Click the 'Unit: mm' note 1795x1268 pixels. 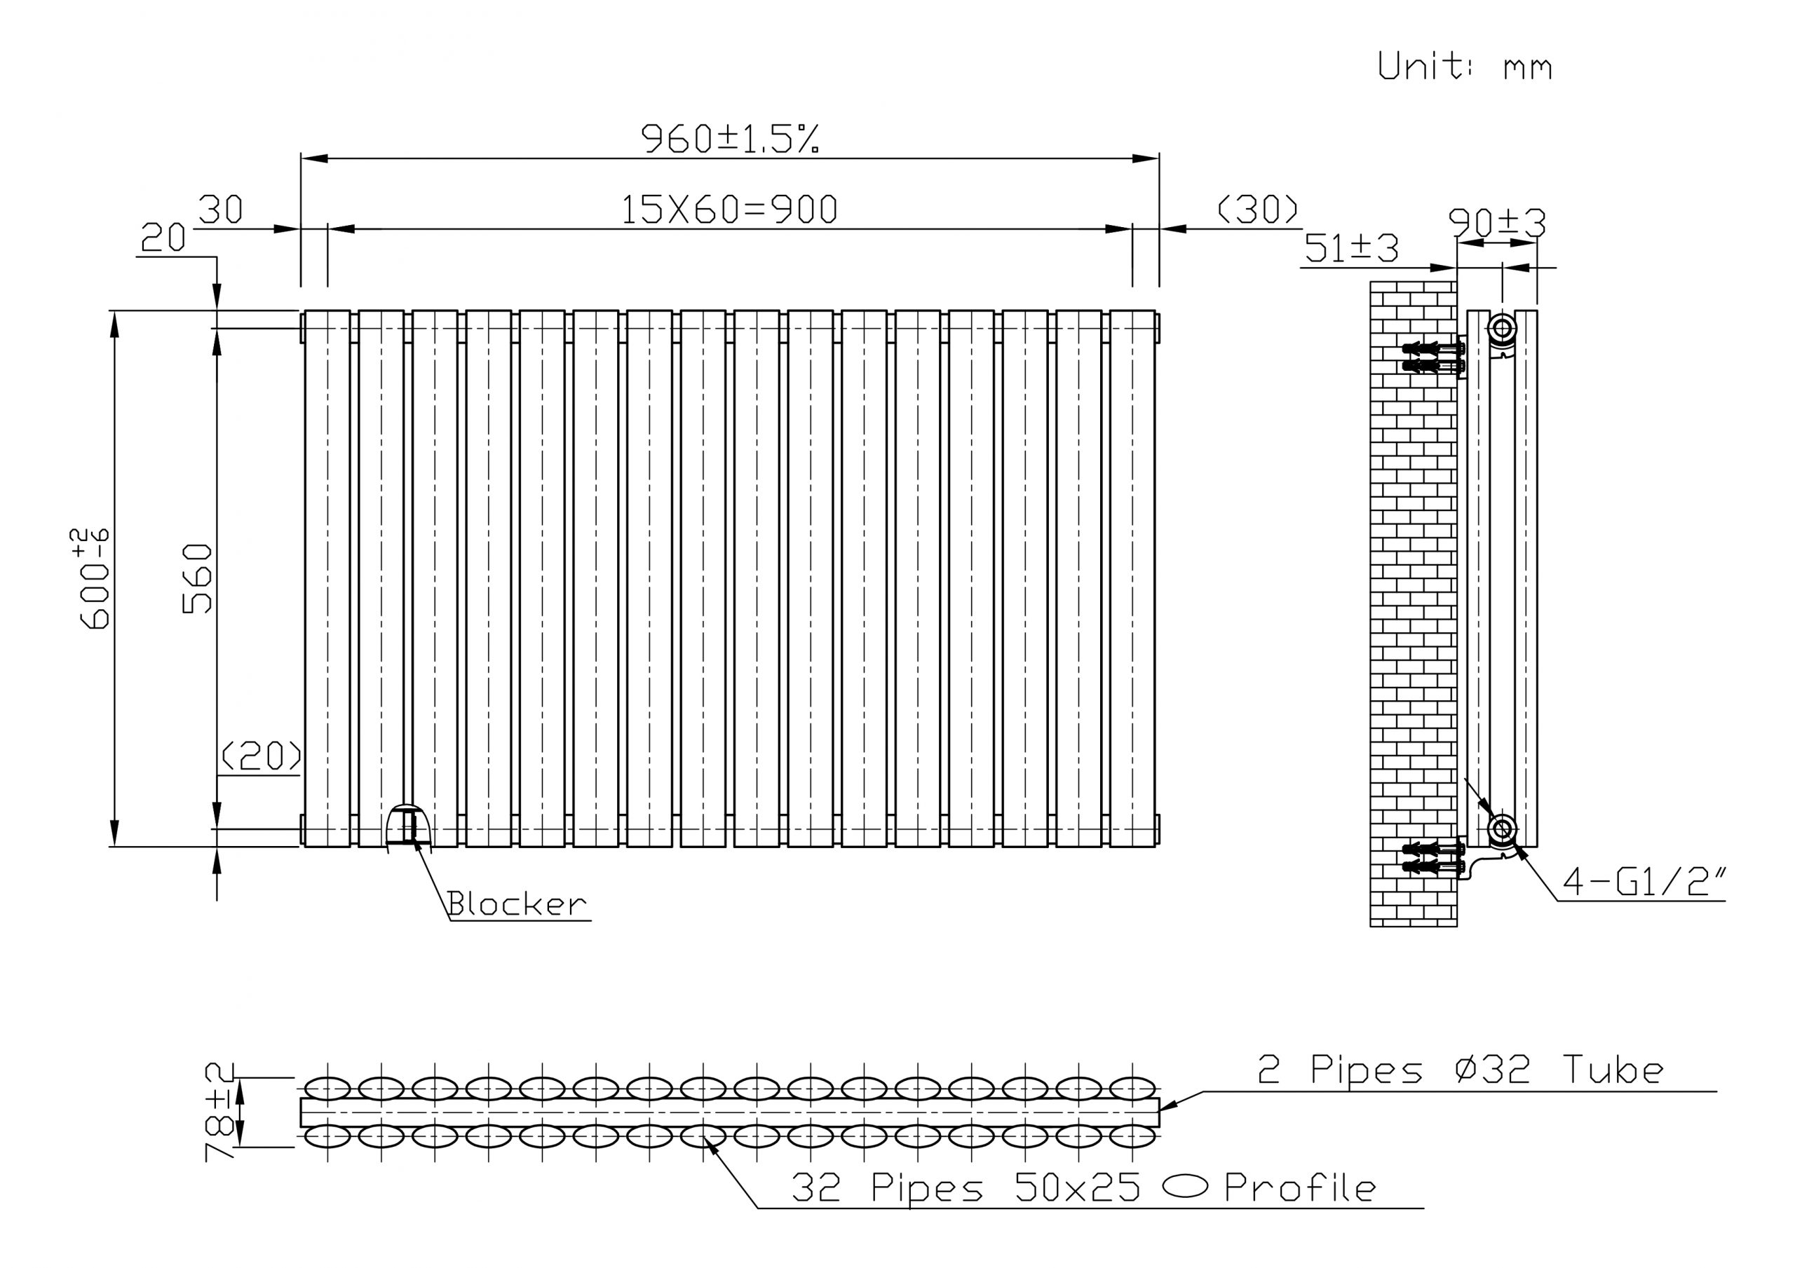[x=1464, y=66]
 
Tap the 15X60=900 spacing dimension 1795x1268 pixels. [x=729, y=210]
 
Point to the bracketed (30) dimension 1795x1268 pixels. [x=1258, y=209]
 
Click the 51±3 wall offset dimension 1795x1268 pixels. [x=1351, y=249]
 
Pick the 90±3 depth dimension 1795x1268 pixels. [x=1497, y=223]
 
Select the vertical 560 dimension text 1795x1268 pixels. [x=197, y=578]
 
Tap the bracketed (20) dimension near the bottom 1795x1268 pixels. [x=261, y=755]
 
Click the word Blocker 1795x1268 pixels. [x=517, y=904]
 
